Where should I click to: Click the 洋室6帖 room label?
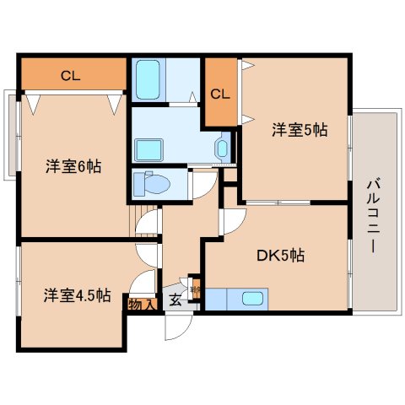[x=73, y=166]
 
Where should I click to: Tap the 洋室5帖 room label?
[x=299, y=130]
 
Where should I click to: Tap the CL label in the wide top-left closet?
[x=71, y=76]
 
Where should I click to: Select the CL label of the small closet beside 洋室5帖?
[x=220, y=94]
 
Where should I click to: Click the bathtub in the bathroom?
[x=151, y=80]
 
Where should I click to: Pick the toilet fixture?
[x=153, y=182]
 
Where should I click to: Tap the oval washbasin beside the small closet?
[x=221, y=150]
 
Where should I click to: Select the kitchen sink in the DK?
[x=251, y=299]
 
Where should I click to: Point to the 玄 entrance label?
[x=175, y=300]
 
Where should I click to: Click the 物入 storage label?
[x=141, y=304]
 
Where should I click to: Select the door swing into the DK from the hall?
[x=227, y=222]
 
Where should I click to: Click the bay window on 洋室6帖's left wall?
[x=10, y=134]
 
